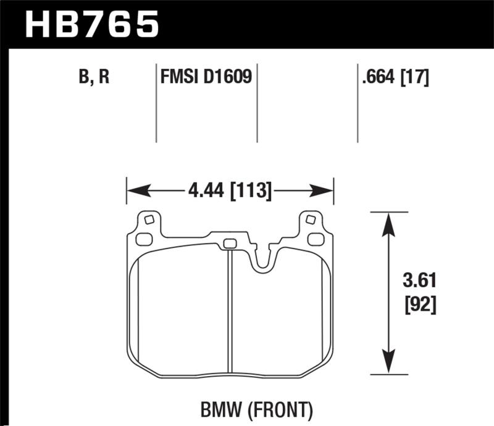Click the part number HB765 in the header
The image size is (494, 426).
[x=91, y=25]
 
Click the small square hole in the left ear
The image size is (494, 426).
[x=148, y=219]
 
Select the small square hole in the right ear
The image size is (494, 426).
[x=311, y=219]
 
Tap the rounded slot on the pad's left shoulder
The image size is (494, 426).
[x=143, y=239]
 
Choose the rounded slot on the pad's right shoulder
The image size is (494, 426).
[x=316, y=239]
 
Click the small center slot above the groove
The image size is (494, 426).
[x=229, y=243]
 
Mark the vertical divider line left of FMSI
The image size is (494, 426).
[x=156, y=102]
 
